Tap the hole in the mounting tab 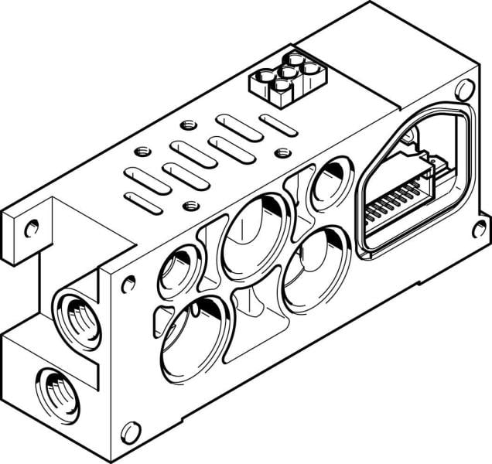point(31,228)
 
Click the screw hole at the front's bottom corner point(132,432)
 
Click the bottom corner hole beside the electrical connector point(479,227)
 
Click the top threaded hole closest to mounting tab point(140,152)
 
